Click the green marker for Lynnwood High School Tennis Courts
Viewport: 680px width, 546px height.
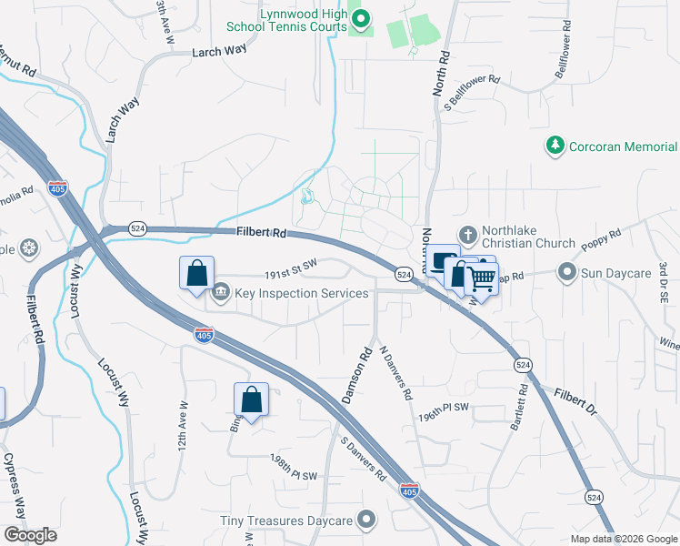(x=360, y=17)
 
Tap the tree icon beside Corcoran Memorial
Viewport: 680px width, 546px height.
(x=554, y=146)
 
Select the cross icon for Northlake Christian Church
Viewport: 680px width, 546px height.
(x=468, y=235)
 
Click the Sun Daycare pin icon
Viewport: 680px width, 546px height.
(x=567, y=272)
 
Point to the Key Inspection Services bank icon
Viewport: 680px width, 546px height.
(x=221, y=293)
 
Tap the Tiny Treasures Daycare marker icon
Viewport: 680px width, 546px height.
(x=366, y=521)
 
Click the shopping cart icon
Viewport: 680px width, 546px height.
(x=483, y=277)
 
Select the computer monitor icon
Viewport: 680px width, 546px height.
(x=444, y=261)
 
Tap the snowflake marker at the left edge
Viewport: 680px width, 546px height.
(x=29, y=248)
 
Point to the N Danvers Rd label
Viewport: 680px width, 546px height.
(x=395, y=373)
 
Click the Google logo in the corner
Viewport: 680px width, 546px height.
(x=30, y=535)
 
